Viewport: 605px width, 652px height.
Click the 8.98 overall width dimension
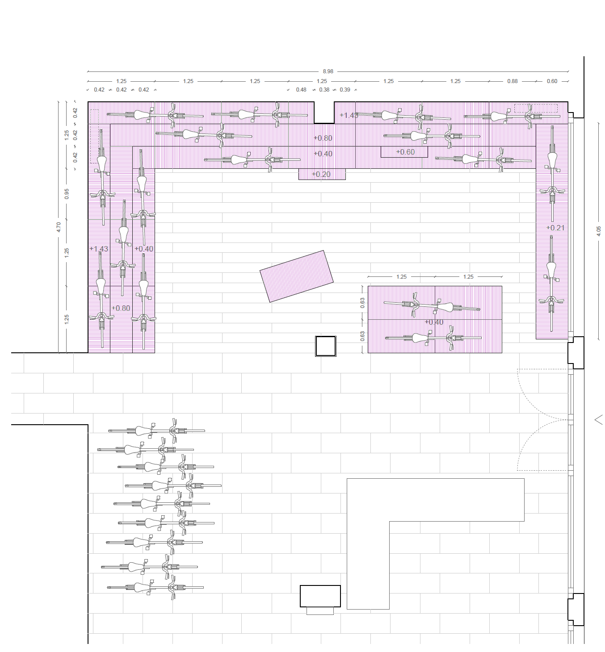coord(328,71)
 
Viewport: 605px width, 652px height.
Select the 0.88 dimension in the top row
coord(512,81)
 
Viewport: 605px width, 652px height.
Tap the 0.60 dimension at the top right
coord(552,81)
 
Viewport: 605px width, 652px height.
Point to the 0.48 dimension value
coord(301,90)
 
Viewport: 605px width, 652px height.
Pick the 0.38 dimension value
coord(324,90)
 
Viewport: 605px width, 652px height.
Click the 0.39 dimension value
coord(345,90)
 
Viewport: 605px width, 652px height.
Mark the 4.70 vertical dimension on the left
coord(59,227)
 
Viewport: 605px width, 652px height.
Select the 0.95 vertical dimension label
coord(67,194)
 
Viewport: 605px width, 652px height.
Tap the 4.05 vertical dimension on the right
coord(598,230)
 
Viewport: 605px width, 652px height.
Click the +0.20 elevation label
coord(321,174)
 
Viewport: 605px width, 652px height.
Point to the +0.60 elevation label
coord(405,152)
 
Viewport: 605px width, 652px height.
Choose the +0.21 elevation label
coord(555,228)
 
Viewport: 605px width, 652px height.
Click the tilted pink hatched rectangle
coord(297,276)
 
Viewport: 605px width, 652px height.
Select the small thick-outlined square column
coord(326,346)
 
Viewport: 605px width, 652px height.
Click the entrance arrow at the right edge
coord(599,420)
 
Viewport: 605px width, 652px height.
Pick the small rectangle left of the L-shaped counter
coord(320,596)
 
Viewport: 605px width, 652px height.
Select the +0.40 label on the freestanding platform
coord(434,322)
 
